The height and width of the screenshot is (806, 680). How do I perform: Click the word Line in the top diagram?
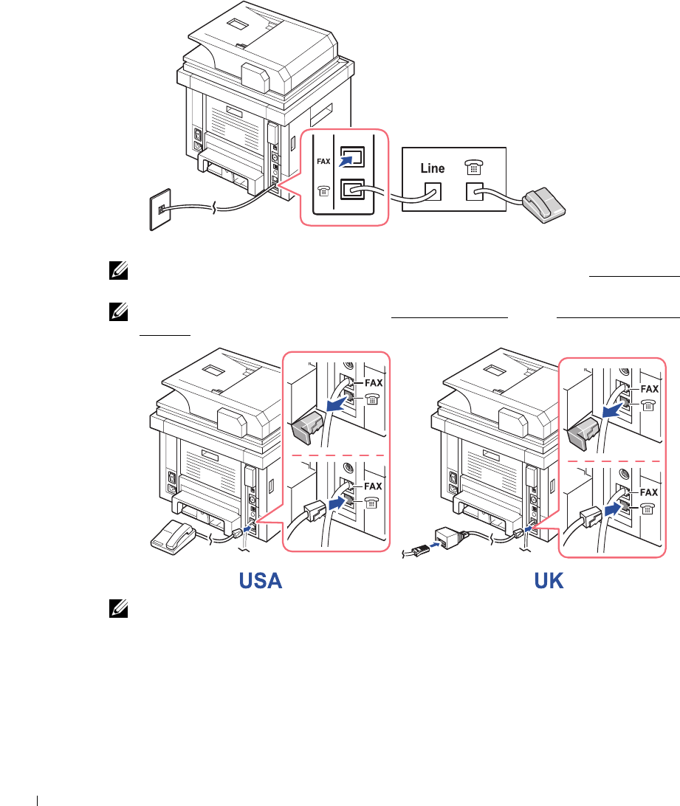coord(433,168)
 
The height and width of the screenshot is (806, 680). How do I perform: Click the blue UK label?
coord(549,582)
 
